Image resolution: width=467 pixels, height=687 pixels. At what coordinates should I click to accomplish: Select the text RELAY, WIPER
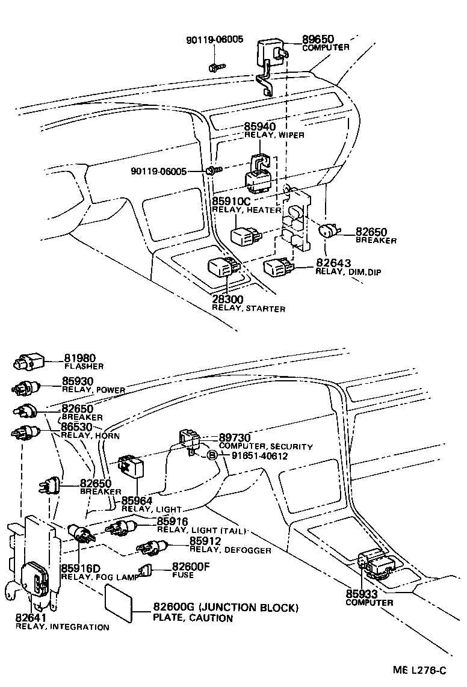point(274,135)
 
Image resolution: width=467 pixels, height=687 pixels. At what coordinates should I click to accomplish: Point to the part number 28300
point(229,300)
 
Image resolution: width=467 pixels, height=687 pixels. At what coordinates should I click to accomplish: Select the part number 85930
point(78,381)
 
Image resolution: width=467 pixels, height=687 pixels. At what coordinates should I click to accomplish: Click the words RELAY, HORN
point(90,436)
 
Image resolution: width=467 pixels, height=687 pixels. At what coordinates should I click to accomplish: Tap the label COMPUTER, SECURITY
point(265,447)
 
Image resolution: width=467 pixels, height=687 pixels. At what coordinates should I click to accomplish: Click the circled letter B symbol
point(212,455)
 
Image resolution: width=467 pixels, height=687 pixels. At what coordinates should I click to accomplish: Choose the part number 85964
point(137,501)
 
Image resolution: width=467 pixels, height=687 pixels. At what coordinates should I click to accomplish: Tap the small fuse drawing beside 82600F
point(145,571)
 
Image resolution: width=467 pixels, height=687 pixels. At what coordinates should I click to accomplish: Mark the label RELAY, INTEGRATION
point(62,627)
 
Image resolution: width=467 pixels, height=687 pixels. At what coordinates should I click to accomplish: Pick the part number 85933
point(361,594)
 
